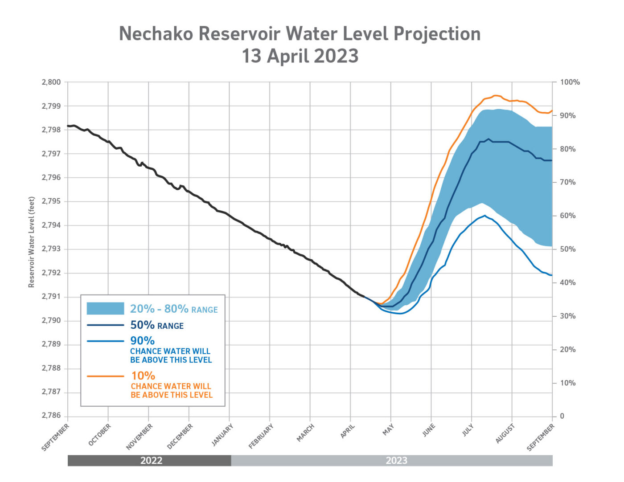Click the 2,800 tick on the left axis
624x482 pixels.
tap(51, 82)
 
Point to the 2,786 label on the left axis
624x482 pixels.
tap(51, 415)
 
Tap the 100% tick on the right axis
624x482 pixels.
tap(570, 82)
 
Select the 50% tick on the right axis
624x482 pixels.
tap(567, 249)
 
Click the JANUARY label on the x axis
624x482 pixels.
tap(222, 436)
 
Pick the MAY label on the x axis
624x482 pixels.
tap(388, 429)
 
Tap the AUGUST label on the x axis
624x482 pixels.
tap(505, 433)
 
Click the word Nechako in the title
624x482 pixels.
tap(156, 34)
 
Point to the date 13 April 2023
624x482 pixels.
tap(300, 56)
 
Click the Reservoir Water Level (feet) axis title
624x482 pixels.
tap(32, 242)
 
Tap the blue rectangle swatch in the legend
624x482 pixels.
tap(105, 308)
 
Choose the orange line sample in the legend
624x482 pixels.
tap(105, 376)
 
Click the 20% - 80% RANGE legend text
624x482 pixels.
tap(174, 309)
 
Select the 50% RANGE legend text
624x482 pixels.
tap(156, 325)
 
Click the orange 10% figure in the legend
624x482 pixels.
tap(143, 376)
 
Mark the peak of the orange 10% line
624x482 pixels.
tap(495, 95)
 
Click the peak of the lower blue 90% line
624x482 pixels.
tap(484, 216)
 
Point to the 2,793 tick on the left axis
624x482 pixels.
tap(51, 249)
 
